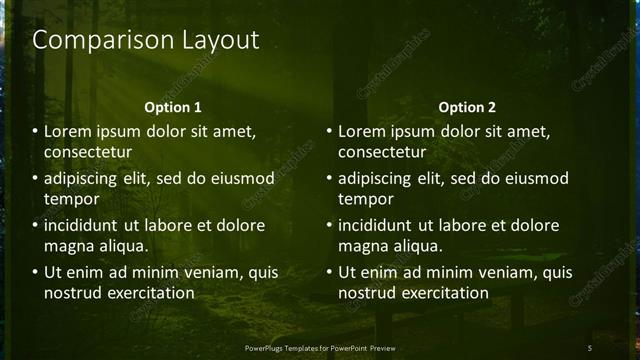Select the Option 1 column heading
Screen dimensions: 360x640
173,107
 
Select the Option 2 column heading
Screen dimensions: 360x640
467,107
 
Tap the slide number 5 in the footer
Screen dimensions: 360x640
590,347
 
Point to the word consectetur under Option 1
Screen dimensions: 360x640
88,152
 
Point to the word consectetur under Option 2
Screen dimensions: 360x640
382,152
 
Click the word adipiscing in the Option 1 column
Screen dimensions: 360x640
85,179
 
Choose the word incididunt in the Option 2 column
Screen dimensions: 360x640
378,226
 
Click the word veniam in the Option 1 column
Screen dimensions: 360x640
218,272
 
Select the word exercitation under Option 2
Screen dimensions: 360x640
441,292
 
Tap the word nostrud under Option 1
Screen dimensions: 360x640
70,292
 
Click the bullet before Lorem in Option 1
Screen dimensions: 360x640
35,132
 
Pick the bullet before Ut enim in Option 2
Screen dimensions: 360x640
329,272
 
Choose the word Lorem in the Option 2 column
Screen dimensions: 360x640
361,132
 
